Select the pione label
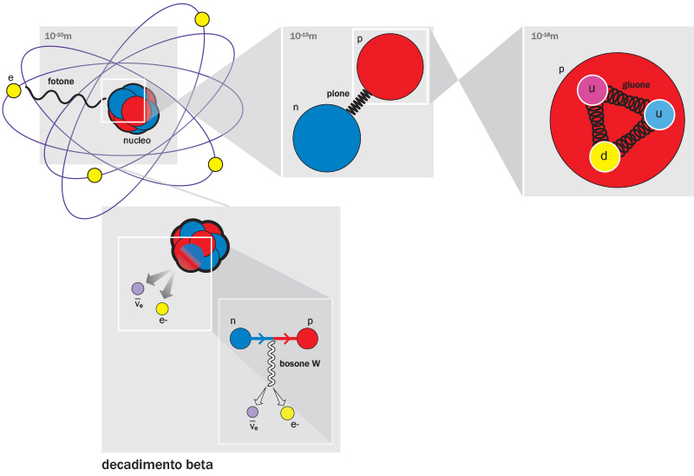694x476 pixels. (338, 91)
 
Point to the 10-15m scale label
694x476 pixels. (303, 36)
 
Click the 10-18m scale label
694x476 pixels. (545, 36)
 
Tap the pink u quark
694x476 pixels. (592, 91)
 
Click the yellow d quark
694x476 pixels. (605, 157)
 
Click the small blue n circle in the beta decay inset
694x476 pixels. (240, 339)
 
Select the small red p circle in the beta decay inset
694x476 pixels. (307, 339)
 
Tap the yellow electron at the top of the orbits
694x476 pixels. (203, 18)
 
